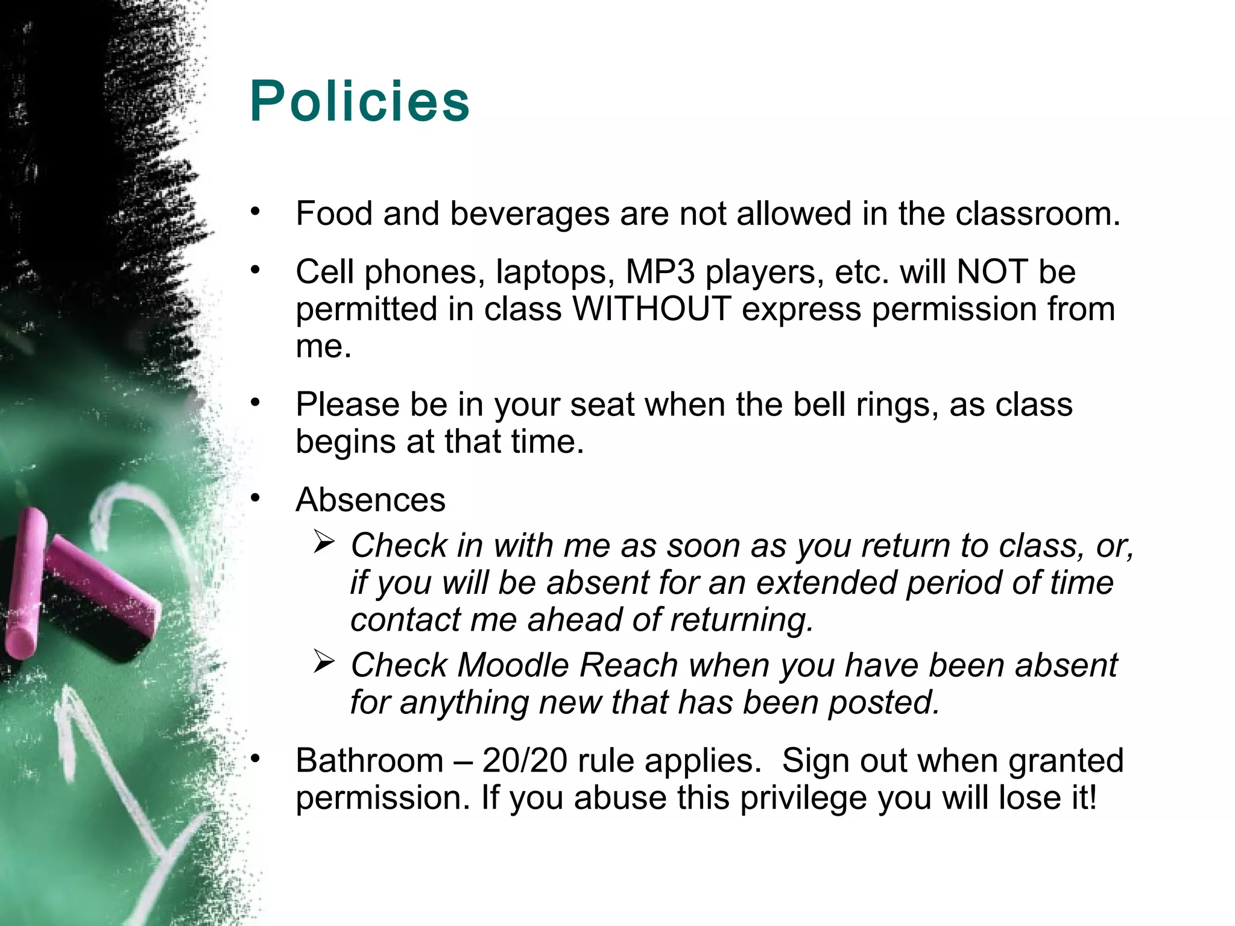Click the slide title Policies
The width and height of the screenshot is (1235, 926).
(x=359, y=101)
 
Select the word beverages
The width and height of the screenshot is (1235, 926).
(x=529, y=215)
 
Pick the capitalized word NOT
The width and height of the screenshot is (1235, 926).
(x=992, y=272)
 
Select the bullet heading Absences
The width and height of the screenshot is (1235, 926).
(x=370, y=500)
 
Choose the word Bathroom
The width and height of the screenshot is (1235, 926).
(x=370, y=760)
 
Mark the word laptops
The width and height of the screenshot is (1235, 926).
(x=551, y=272)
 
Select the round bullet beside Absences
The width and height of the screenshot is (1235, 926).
(x=256, y=498)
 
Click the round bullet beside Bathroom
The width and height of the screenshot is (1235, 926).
(x=256, y=758)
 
